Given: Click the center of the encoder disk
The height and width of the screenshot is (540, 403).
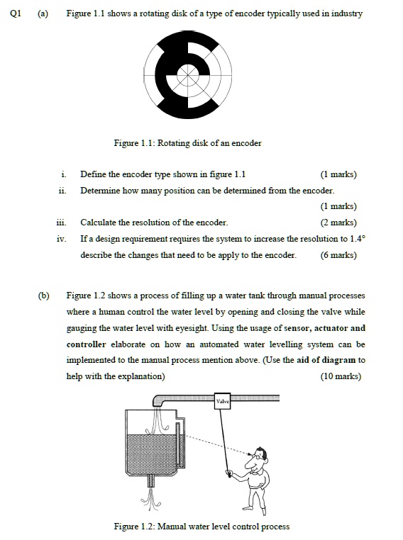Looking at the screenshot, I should pyautogui.click(x=187, y=73).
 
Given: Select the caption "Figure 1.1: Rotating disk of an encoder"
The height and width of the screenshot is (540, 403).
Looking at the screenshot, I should pyautogui.click(x=187, y=143).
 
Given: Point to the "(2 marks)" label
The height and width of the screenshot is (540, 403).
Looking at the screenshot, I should pyautogui.click(x=338, y=223).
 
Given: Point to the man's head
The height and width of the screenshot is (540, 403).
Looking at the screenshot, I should pyautogui.click(x=261, y=454).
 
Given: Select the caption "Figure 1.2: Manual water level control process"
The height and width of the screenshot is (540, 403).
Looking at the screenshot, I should pyautogui.click(x=201, y=526).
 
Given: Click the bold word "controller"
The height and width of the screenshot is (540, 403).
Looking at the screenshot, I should pyautogui.click(x=87, y=344).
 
